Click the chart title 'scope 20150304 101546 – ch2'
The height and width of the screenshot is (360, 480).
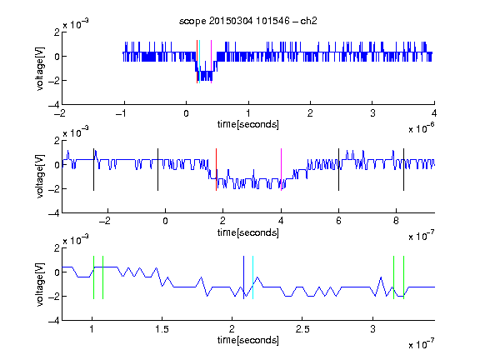[x=248, y=21]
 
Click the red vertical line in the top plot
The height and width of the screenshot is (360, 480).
[x=197, y=62]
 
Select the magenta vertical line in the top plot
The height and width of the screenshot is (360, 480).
[x=211, y=62]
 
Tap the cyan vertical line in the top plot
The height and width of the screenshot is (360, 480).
[x=200, y=62]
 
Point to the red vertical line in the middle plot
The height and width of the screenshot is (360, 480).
[x=216, y=170]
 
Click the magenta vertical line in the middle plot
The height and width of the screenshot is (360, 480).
[x=281, y=170]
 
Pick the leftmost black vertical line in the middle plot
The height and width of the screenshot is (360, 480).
[x=93, y=170]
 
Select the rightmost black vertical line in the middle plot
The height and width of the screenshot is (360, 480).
[x=403, y=170]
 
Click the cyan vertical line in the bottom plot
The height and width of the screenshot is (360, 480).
[x=252, y=277]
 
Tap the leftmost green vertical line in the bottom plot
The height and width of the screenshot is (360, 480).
[x=93, y=277]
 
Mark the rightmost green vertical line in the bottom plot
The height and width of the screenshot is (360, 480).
[x=404, y=277]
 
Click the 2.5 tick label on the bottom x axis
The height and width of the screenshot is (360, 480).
[x=302, y=329]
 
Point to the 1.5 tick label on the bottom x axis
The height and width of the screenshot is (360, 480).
[x=162, y=329]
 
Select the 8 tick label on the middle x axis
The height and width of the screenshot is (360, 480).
[x=396, y=221]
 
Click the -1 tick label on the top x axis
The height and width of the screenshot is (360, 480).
[x=122, y=113]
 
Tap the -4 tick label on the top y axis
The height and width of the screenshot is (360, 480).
[x=54, y=105]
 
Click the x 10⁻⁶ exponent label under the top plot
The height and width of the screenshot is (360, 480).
[x=422, y=128]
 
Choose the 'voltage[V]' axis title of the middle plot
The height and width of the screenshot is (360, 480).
[x=40, y=177]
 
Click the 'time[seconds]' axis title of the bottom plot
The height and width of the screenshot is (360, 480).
[x=248, y=340]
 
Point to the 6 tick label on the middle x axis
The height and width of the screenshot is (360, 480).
[x=338, y=221]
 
